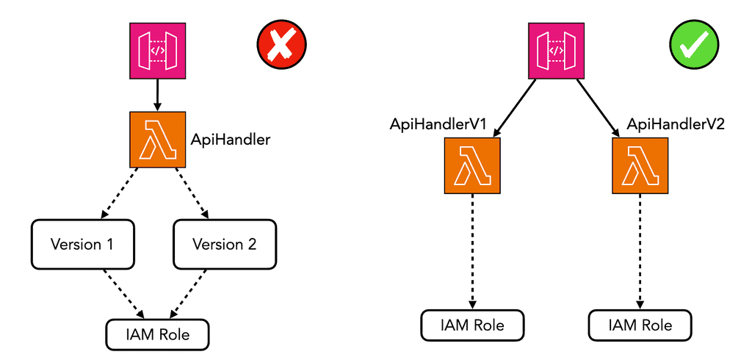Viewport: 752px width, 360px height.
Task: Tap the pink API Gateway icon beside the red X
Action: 158,51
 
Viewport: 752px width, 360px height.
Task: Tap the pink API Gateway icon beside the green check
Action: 557,51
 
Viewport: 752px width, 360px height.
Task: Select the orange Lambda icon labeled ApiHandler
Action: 157,140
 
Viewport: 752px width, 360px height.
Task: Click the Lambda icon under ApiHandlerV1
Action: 472,166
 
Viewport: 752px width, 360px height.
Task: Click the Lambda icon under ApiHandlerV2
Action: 640,166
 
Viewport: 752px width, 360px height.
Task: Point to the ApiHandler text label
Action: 231,140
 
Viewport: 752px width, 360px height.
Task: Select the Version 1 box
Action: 82,244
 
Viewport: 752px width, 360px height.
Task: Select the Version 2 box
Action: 225,244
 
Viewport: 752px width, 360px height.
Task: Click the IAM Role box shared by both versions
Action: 158,334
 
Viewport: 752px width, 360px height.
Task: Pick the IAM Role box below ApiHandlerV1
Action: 472,324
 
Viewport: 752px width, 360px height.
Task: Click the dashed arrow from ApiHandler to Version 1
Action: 119,194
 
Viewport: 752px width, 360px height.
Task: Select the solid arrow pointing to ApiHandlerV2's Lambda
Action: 598,107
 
